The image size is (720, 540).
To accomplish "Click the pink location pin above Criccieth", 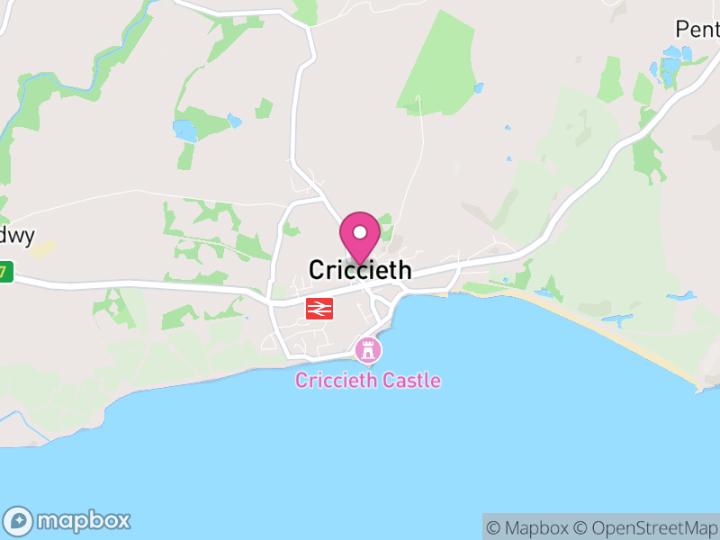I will (360, 237).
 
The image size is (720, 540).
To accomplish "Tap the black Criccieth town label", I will (360, 269).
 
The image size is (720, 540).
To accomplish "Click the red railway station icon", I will (319, 309).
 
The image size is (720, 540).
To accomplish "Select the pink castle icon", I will (367, 349).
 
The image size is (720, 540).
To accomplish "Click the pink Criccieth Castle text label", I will (368, 380).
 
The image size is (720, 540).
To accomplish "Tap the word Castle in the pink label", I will (410, 380).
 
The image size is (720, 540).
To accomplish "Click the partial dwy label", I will (16, 236).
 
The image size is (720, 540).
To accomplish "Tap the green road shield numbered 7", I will (6, 270).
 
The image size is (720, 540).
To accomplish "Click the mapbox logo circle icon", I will (20, 520).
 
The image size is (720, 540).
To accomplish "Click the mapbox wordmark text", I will (83, 520).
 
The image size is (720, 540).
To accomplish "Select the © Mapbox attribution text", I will (527, 527).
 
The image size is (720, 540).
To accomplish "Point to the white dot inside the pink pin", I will (360, 232).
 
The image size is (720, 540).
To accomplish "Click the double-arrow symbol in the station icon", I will (319, 309).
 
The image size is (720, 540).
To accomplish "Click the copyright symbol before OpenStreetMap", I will (580, 527).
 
